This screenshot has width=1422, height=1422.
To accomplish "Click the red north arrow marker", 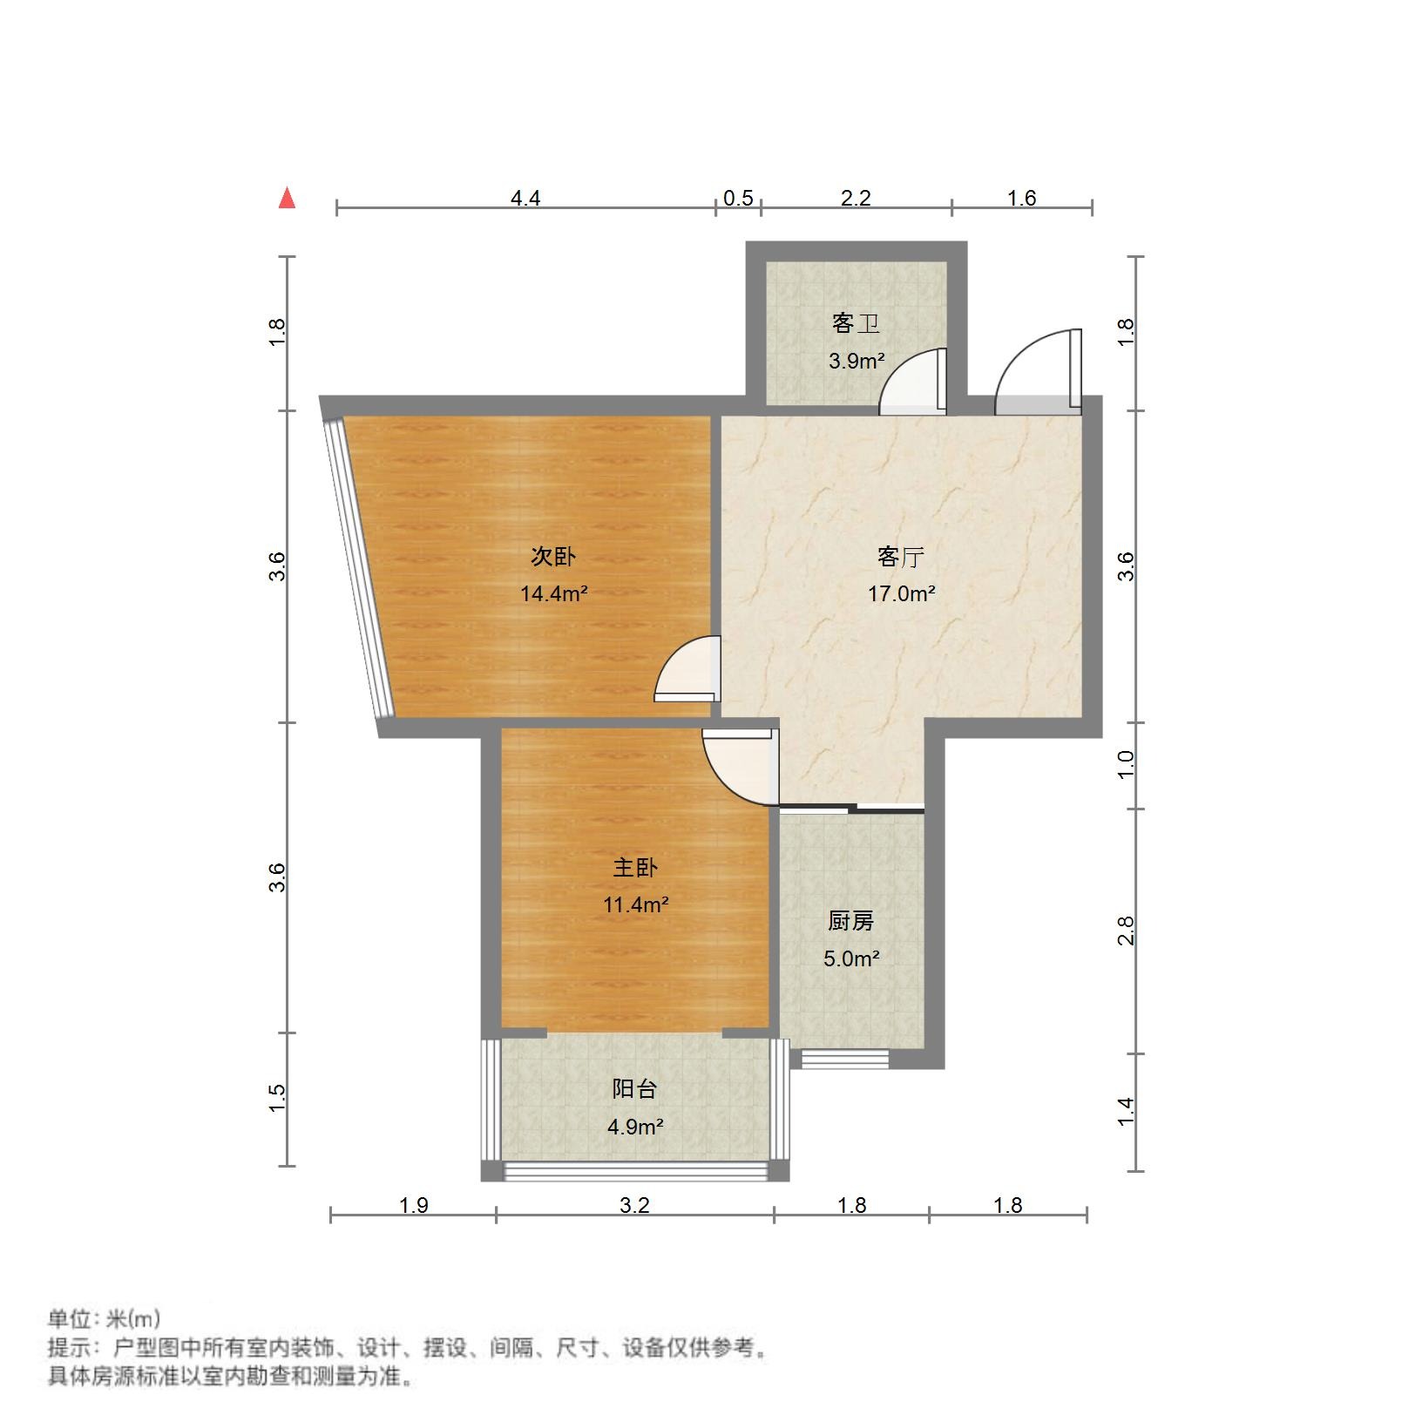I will point(287,199).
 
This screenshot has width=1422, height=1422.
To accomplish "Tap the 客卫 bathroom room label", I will point(856,324).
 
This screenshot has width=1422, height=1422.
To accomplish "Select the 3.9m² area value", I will point(856,361).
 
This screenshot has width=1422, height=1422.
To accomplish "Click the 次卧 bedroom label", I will point(553,556).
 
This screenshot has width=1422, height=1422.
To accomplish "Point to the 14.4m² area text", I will point(553,594).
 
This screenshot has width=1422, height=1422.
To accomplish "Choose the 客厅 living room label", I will point(900,556).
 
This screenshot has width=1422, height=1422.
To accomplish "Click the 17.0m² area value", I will point(900,594).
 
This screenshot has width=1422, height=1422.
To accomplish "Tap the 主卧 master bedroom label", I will point(635,867).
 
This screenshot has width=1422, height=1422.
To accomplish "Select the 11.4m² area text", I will point(635,904).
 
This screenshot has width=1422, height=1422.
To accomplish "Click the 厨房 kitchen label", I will point(850,921).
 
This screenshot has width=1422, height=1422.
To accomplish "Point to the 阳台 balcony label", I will point(634,1089).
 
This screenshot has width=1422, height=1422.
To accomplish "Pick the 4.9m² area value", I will point(634,1127).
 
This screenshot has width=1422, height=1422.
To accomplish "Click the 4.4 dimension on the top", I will point(525,199).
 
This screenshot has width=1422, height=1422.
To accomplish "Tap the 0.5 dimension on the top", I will point(738,199).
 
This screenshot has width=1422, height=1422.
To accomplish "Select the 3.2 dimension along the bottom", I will point(634,1205).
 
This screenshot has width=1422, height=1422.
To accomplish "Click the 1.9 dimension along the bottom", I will point(413,1205).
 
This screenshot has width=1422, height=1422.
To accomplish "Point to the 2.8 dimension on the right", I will point(1126,931).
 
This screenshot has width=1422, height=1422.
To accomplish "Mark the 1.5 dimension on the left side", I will point(277,1098).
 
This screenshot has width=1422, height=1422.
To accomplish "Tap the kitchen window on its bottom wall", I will point(844,1059).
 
